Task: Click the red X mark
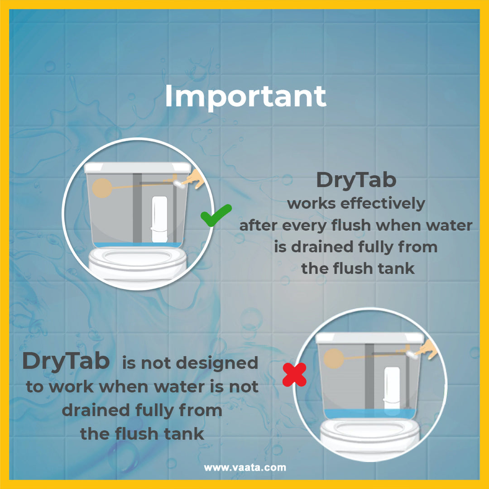pyautogui.click(x=294, y=374)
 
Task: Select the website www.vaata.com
pyautogui.click(x=245, y=467)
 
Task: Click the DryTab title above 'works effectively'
pyautogui.click(x=356, y=180)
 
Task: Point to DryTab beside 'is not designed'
pyautogui.click(x=66, y=362)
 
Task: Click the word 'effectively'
pyautogui.click(x=383, y=203)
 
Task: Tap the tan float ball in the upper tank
pyautogui.click(x=102, y=188)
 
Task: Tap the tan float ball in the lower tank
pyautogui.click(x=334, y=359)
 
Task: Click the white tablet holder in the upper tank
pyautogui.click(x=159, y=220)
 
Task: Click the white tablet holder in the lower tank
pyautogui.click(x=392, y=389)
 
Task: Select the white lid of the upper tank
pyautogui.click(x=138, y=168)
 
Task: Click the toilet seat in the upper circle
pyautogui.click(x=138, y=259)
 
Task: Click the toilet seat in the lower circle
pyautogui.click(x=370, y=431)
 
